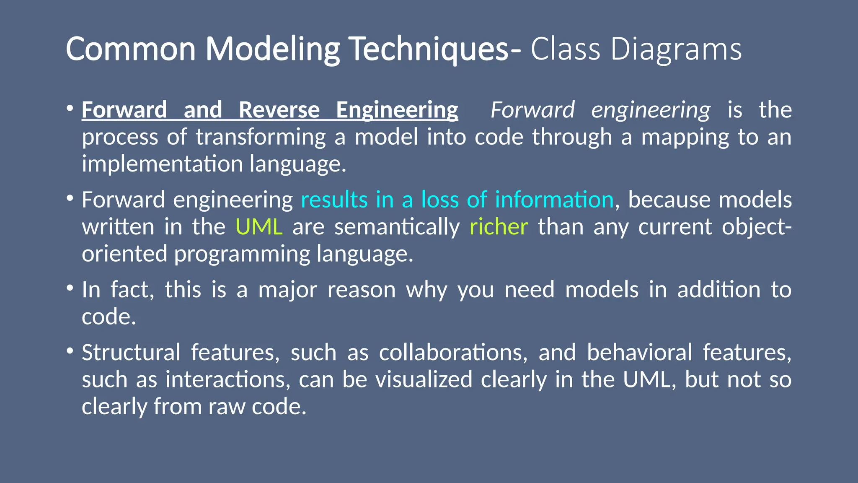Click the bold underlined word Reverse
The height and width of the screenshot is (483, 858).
(279, 110)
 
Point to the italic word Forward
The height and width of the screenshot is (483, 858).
(532, 110)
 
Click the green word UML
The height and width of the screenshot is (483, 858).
(259, 227)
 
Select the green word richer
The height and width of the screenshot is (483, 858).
(498, 227)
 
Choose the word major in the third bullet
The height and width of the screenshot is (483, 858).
(287, 290)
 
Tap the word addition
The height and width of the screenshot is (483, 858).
(718, 290)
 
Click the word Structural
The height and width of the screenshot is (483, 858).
(131, 352)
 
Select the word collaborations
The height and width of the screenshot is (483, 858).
(453, 352)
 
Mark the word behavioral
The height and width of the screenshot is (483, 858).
(639, 352)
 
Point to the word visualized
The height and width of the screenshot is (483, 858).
(424, 379)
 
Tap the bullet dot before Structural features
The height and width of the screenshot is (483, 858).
(70, 350)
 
